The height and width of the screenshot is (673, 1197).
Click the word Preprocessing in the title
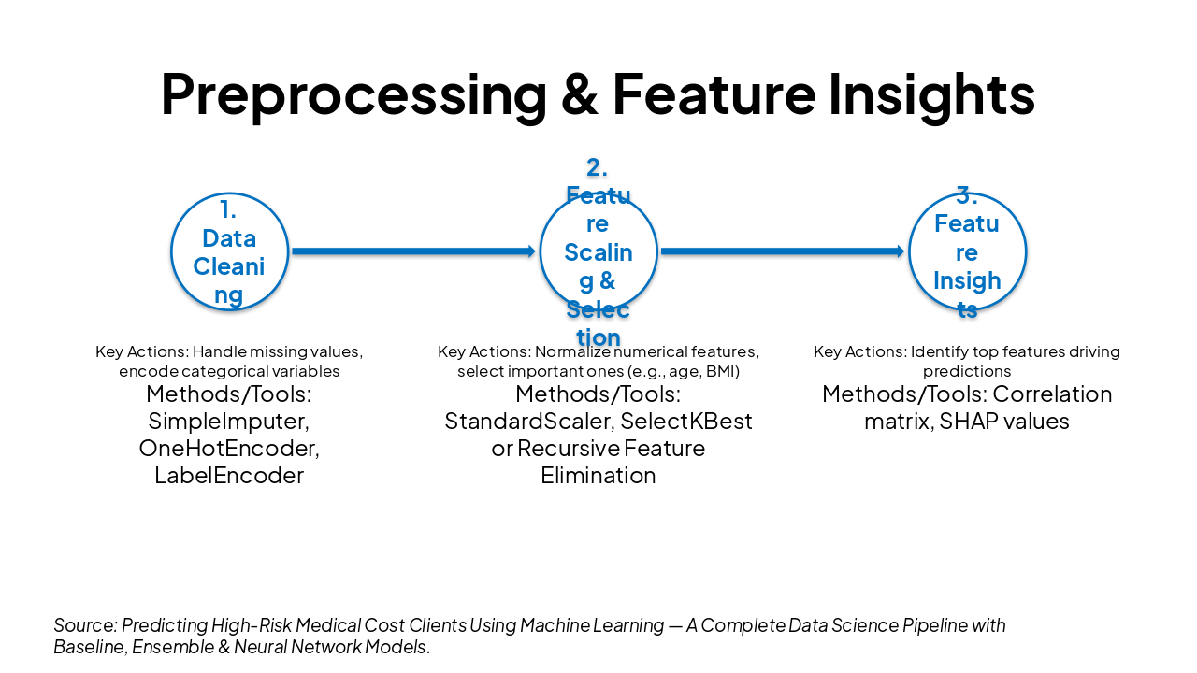tap(353, 93)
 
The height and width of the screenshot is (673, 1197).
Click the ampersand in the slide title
tap(580, 93)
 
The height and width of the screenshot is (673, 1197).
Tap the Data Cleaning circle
tap(229, 251)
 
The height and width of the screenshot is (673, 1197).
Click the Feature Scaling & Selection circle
tap(598, 251)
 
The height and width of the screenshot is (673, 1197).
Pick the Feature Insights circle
tap(967, 251)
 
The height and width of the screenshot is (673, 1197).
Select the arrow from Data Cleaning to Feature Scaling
tap(412, 251)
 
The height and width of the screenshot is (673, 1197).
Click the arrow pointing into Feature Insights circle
tap(782, 251)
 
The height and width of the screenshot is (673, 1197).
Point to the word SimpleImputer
tap(227, 422)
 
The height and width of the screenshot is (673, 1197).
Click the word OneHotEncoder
tap(227, 449)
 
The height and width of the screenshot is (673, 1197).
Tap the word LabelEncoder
tap(229, 476)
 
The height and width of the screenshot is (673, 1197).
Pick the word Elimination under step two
tap(598, 476)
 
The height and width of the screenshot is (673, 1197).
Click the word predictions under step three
tap(967, 371)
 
